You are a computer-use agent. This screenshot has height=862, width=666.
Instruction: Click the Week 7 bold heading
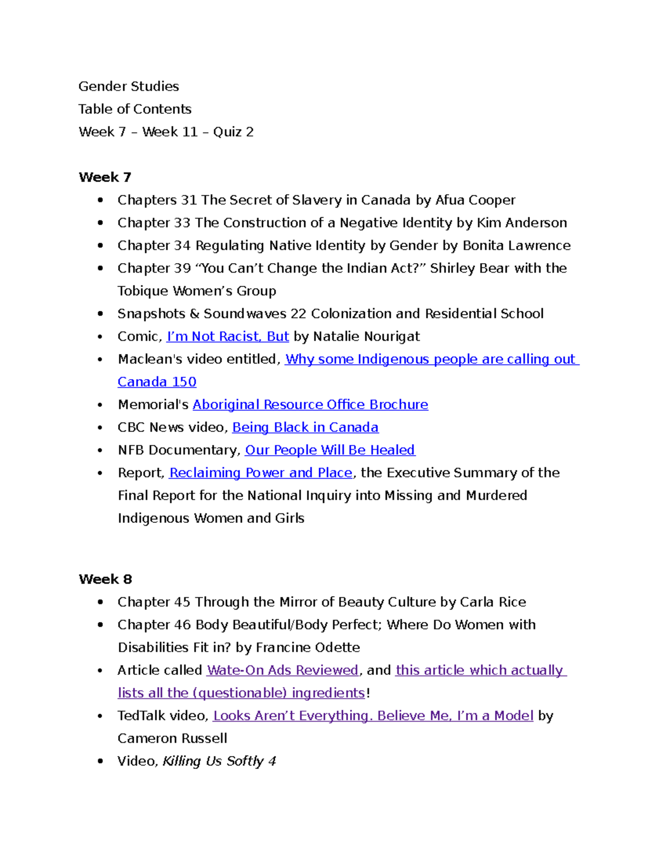(105, 177)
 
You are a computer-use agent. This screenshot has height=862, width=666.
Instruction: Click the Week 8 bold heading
(105, 579)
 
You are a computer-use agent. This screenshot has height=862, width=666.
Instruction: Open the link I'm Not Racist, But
(228, 336)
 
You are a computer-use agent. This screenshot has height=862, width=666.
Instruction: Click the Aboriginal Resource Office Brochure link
(310, 405)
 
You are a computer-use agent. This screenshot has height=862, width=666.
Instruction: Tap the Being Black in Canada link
(305, 427)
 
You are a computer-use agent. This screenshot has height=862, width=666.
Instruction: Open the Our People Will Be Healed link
(330, 450)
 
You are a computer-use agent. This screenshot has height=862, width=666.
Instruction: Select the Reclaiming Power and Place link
(260, 473)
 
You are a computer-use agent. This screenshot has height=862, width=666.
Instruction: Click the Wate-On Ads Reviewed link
(282, 671)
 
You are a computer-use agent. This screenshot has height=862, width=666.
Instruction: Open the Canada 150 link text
(157, 382)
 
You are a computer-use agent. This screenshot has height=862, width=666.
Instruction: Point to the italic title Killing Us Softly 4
(219, 761)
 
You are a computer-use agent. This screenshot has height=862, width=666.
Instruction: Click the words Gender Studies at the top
(129, 87)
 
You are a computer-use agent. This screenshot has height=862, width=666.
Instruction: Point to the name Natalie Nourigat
(366, 336)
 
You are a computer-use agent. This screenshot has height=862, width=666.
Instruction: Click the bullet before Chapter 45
(100, 602)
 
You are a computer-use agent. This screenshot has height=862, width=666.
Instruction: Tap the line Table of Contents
(135, 109)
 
